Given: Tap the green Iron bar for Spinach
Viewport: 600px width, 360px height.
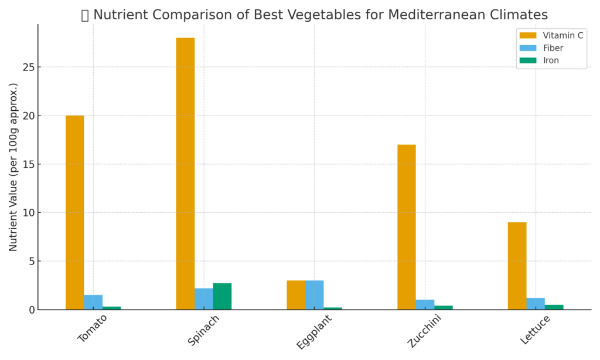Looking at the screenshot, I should pos(222,297).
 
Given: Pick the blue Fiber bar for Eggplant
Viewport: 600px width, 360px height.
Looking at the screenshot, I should pos(314,295).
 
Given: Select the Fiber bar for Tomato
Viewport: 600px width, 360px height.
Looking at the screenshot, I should pos(93,302).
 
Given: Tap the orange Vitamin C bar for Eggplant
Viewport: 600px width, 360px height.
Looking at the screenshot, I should pos(296,295).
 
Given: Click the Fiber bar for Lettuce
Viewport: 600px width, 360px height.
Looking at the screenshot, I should pos(536,304).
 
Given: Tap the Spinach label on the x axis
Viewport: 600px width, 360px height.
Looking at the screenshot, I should pos(204,330).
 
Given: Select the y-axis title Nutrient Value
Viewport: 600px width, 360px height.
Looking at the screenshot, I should pos(13,167).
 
